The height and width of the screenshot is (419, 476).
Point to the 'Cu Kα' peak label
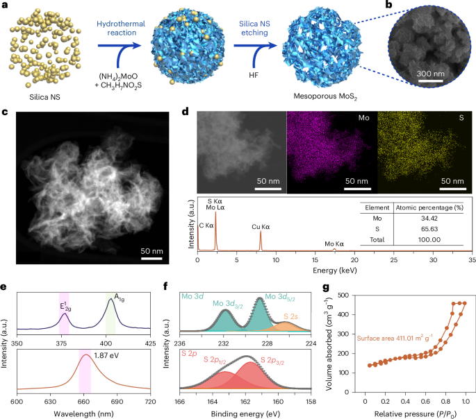[261, 226]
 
